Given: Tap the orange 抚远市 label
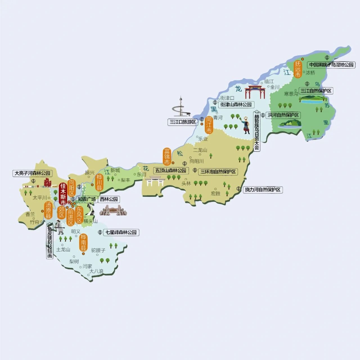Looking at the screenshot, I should tap(298, 69).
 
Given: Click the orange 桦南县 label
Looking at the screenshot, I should tap(84, 243).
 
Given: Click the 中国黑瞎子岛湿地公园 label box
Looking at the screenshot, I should tap(331, 65).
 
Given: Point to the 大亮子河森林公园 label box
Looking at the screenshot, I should tap(32, 173).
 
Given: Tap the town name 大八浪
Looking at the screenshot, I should tap(96, 271).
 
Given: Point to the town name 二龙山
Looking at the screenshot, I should tap(200, 150).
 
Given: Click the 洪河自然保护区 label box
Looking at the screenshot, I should tap(283, 115).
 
